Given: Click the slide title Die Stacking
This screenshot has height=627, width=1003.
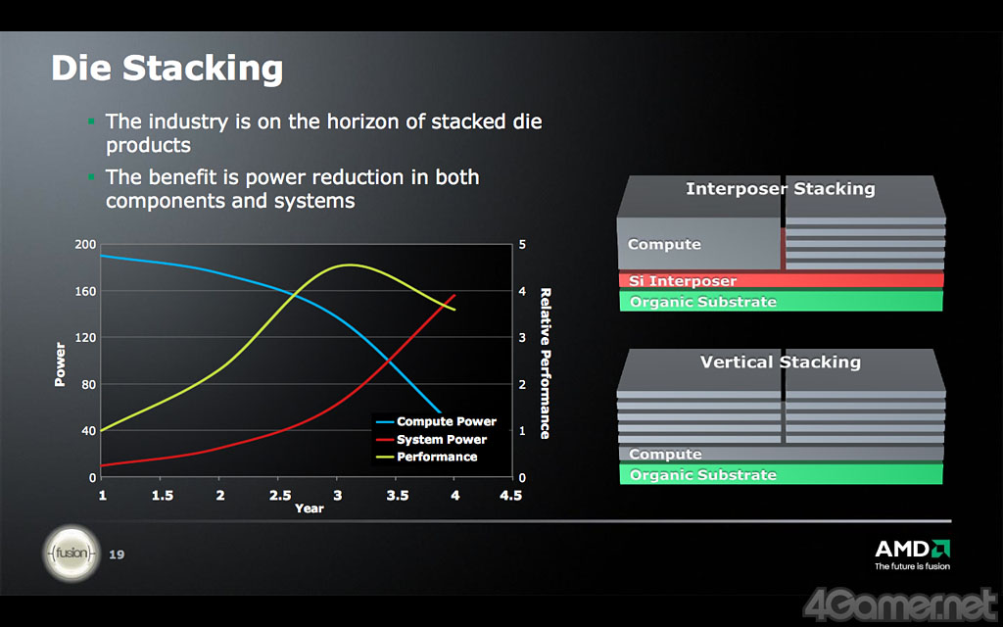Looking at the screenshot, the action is click(167, 69).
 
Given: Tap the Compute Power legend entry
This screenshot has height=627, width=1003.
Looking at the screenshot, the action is click(437, 421).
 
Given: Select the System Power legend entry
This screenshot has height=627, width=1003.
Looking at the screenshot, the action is click(432, 440).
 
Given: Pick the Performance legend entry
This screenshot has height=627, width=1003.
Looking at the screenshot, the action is click(427, 457).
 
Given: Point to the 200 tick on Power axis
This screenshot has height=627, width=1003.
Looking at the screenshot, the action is click(86, 244).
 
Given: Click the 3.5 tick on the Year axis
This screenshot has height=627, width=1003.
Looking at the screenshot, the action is click(398, 495).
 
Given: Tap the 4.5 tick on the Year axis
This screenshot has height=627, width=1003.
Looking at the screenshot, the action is click(510, 495).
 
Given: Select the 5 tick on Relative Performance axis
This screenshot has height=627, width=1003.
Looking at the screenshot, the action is click(523, 244).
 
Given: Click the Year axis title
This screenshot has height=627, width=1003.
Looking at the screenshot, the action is click(309, 508).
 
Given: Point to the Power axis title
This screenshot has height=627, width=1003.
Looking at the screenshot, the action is click(60, 364).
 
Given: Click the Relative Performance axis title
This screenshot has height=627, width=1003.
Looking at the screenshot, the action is click(545, 363).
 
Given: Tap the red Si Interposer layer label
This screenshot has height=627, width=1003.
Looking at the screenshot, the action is click(683, 281).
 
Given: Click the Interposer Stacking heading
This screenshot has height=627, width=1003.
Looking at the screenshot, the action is click(781, 189).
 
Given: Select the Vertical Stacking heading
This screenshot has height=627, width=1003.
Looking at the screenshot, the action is click(781, 362).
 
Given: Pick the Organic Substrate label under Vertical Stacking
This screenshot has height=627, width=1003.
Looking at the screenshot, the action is click(703, 475).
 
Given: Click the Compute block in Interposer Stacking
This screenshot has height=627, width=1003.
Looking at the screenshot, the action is click(698, 244).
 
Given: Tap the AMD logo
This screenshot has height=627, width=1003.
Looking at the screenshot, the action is click(912, 555).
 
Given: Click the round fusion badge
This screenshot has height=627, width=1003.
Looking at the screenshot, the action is click(72, 553).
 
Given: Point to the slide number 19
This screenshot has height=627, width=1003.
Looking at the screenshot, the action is click(117, 555).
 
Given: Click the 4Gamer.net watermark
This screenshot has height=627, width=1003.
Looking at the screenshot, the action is click(901, 604).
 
